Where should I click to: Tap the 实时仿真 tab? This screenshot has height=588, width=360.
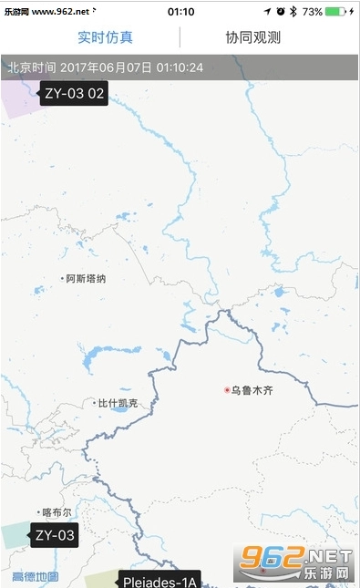[x=105, y=37]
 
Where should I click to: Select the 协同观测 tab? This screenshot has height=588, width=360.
[x=253, y=37]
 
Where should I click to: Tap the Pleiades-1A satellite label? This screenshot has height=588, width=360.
[x=159, y=580]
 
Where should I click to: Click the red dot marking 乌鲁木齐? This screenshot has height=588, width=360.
[x=227, y=390]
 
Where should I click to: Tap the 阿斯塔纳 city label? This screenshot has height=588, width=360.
[x=86, y=279]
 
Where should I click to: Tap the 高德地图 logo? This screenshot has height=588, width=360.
[x=35, y=577]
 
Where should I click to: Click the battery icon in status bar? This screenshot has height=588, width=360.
[x=338, y=12]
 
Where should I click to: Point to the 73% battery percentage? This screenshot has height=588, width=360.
[x=313, y=12]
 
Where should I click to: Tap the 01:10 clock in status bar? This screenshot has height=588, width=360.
[x=181, y=12]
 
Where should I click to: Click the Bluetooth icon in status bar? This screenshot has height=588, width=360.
[x=294, y=12]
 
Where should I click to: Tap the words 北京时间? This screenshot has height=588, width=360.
[x=32, y=68]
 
